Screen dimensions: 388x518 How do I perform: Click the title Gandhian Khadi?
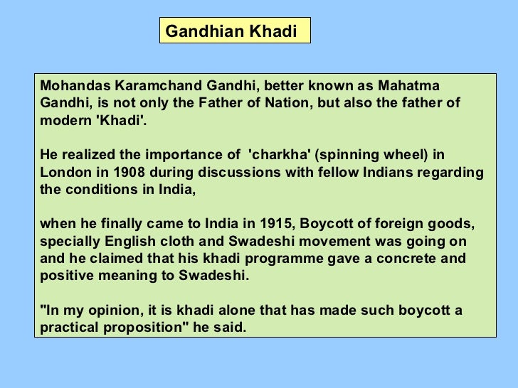(x=231, y=31)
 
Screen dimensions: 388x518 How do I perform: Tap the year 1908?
(x=132, y=172)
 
